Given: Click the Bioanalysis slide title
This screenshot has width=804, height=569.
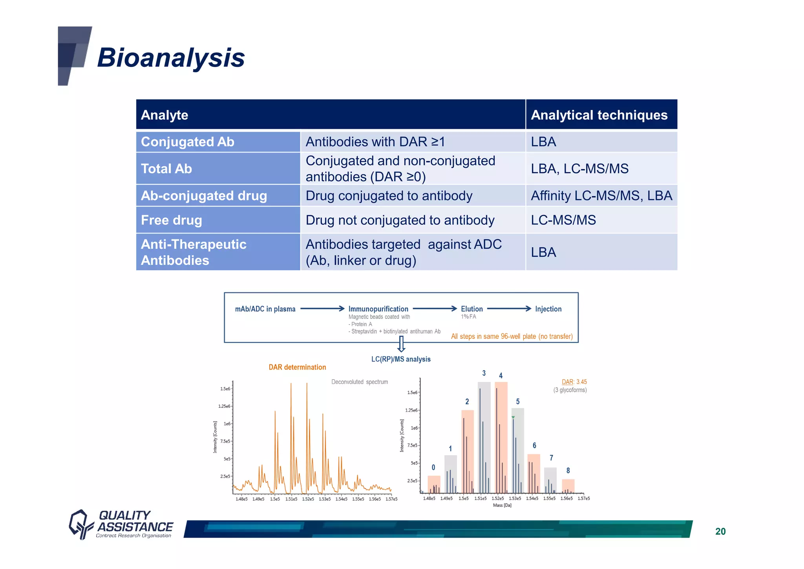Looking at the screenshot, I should [x=171, y=58].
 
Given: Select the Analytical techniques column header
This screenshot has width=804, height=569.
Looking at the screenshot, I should [x=599, y=115].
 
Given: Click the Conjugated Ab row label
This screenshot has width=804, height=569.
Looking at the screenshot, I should [x=187, y=142].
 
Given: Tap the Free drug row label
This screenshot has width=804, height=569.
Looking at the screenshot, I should [x=171, y=220].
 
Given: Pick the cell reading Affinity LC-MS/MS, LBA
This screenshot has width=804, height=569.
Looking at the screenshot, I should [x=601, y=196].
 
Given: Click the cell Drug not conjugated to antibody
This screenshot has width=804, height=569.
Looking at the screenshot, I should [x=400, y=220].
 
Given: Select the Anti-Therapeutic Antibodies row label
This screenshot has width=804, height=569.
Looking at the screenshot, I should [x=194, y=252].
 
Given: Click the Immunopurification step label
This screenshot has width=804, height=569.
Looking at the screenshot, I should [x=378, y=309].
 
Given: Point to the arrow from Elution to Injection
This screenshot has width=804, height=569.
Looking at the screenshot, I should [x=509, y=309].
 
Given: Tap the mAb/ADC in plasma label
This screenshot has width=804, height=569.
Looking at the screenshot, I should [x=265, y=309].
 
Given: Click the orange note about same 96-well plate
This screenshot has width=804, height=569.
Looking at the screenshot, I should [x=512, y=336].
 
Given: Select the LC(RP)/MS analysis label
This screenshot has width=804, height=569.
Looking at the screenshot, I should [x=401, y=359].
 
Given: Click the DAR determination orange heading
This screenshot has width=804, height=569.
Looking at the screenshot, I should [x=297, y=367].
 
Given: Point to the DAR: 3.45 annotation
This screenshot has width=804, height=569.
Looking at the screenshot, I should [x=574, y=382].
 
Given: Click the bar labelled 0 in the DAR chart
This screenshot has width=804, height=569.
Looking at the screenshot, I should [x=434, y=485].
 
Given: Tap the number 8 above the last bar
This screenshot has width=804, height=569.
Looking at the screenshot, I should [x=568, y=470].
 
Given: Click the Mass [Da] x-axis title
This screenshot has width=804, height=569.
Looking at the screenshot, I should [x=502, y=505].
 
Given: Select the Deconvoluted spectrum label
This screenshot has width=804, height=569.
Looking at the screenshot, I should [x=359, y=382].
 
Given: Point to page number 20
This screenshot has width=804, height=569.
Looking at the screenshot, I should [x=720, y=531].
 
